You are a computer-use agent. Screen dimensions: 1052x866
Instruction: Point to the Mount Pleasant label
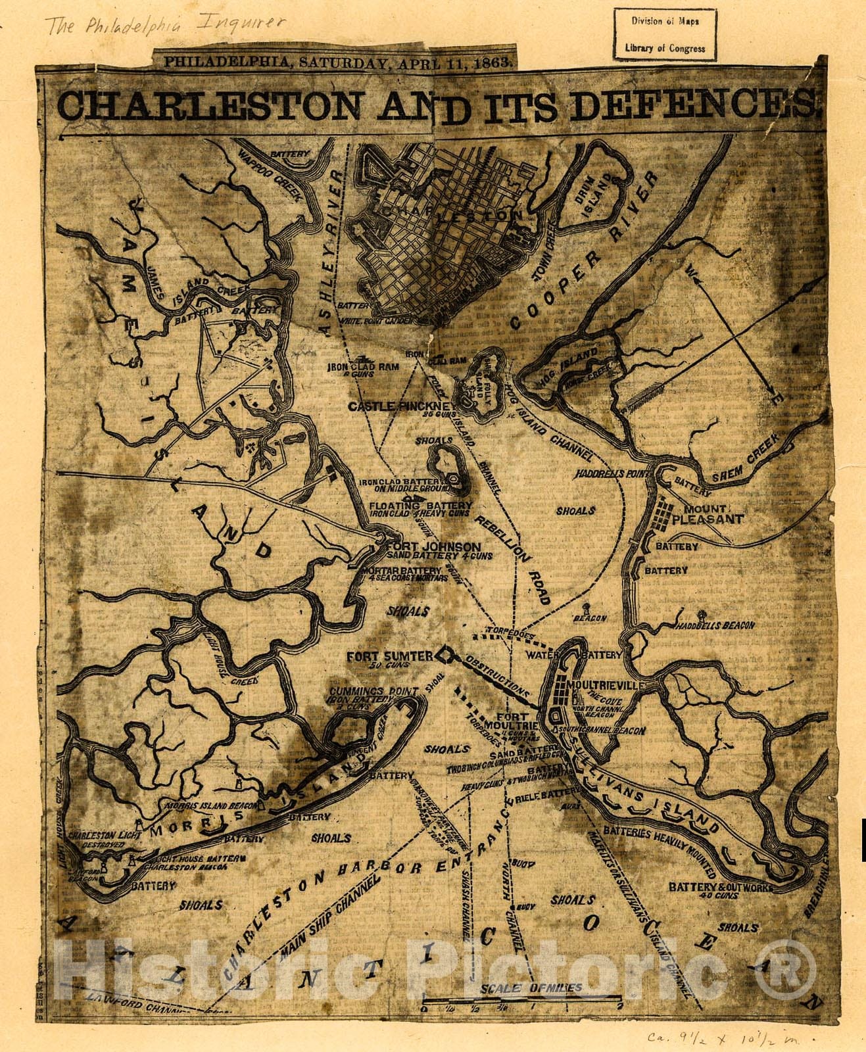coord(713,514)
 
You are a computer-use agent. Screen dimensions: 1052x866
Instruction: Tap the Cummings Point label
coord(373,692)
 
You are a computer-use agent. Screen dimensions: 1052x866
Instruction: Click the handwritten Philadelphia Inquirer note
coord(164,25)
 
